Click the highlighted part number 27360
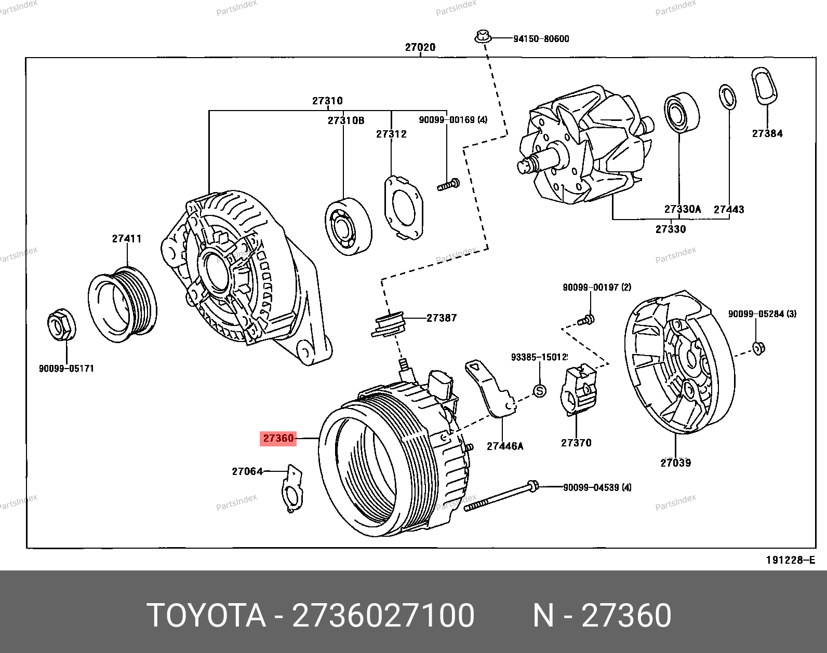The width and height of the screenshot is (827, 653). tap(278, 439)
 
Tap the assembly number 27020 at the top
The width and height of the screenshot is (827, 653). tap(420, 47)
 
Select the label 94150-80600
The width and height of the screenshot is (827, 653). tap(541, 39)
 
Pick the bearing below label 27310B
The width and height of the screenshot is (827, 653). tap(348, 226)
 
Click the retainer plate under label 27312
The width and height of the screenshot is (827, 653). tap(403, 208)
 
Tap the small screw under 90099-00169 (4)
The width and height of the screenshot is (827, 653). tap(448, 184)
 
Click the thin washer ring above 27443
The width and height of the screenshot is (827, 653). tap(727, 97)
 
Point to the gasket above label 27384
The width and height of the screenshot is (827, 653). tap(764, 86)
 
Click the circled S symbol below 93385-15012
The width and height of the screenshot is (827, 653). tap(540, 391)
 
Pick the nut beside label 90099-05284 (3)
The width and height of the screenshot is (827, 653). tap(758, 348)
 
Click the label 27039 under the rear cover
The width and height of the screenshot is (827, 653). tap(675, 463)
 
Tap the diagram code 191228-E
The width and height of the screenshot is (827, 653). tap(790, 560)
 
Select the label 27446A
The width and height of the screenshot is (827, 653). tap(505, 446)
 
